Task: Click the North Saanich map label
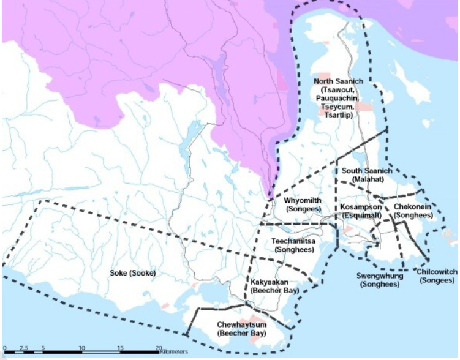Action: (x=339, y=81)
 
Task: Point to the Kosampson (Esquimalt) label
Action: (x=361, y=211)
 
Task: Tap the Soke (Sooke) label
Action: (x=133, y=272)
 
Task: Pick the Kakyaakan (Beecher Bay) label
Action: (x=275, y=286)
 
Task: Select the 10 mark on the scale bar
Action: (x=81, y=348)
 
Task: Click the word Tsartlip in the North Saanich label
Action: (x=339, y=114)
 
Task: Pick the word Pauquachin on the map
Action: (x=339, y=98)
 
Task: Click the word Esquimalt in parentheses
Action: (x=361, y=216)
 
